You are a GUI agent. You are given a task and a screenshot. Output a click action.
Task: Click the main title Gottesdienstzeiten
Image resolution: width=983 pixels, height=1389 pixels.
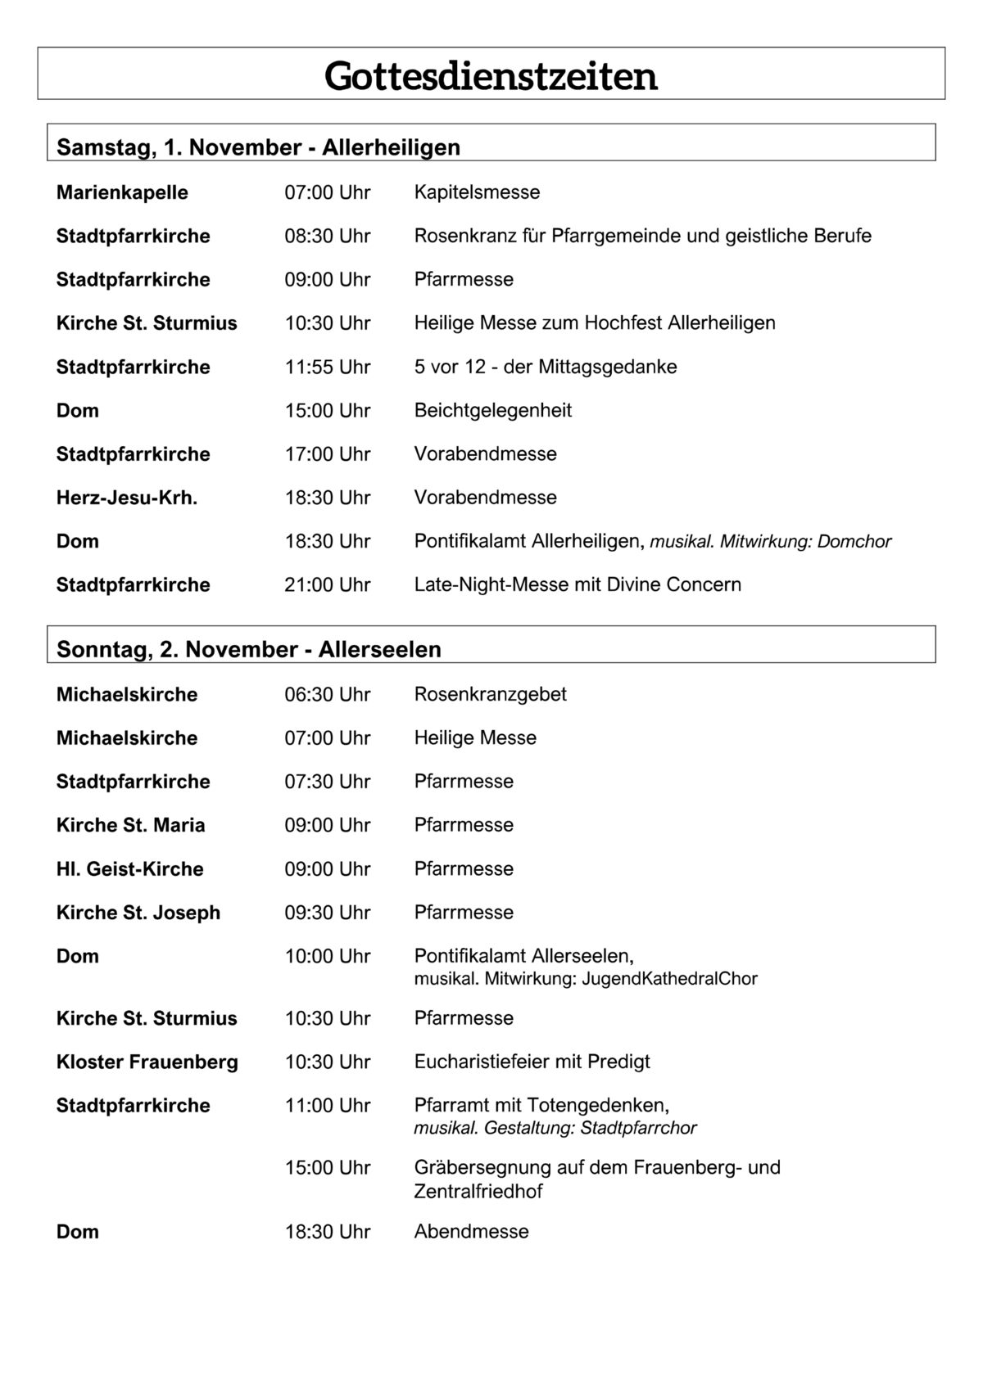point(491,76)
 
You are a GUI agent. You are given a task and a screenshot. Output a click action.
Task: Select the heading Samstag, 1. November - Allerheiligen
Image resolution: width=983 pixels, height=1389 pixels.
point(258,147)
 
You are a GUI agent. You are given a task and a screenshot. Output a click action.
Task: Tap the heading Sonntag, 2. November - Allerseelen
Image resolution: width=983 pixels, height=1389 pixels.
point(248,649)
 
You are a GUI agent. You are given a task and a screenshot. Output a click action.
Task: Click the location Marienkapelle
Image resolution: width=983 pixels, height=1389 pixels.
point(122,192)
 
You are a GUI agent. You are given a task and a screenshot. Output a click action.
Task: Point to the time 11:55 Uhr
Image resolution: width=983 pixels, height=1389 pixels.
point(328,367)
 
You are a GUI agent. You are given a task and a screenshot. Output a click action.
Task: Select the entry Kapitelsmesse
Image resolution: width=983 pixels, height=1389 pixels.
point(477,192)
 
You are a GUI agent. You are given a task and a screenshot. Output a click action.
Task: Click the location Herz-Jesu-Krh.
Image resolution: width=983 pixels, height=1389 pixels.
point(127,498)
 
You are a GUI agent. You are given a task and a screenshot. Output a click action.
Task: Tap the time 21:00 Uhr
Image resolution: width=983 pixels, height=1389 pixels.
point(328,584)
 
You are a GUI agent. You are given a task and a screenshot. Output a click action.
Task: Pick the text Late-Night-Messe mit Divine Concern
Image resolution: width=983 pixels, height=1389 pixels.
point(578,584)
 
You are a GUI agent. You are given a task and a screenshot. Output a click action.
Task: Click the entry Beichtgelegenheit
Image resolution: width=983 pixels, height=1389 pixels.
point(492,410)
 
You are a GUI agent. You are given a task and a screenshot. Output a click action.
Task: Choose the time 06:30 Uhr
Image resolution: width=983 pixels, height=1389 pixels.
point(328,694)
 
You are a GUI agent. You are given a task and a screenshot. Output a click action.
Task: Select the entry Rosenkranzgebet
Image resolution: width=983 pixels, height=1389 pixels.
point(490,694)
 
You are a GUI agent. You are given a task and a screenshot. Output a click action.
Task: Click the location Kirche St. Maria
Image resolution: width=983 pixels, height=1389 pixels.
point(130,825)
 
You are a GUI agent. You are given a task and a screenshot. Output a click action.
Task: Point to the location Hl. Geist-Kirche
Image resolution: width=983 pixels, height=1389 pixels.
point(129,868)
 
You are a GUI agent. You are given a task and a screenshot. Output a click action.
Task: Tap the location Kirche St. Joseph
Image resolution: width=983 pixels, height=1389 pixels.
point(138,913)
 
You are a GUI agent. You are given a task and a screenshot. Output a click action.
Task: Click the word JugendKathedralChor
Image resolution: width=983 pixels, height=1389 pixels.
point(669,978)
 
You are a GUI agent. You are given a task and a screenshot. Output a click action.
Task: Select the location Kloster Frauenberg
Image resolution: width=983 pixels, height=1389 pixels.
point(147,1062)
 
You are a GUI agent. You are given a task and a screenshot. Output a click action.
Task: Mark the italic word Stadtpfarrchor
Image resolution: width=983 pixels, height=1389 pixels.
point(638,1128)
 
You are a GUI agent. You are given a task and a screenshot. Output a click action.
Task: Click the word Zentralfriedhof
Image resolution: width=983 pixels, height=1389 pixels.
point(478,1192)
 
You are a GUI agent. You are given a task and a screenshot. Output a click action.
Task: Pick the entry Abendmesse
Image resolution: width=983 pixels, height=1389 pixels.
point(471,1232)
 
